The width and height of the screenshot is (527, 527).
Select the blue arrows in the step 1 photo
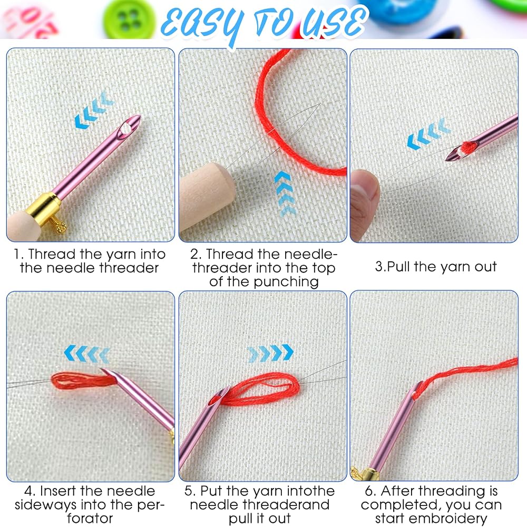[x=94, y=110]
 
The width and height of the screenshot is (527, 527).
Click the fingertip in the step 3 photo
[x=364, y=193]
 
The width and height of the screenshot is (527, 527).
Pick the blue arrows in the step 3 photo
[x=428, y=133]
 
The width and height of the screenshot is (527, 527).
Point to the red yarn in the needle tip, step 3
[x=466, y=147]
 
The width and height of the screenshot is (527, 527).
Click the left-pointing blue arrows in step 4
[x=87, y=354]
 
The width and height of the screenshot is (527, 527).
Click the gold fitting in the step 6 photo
[x=365, y=473]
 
